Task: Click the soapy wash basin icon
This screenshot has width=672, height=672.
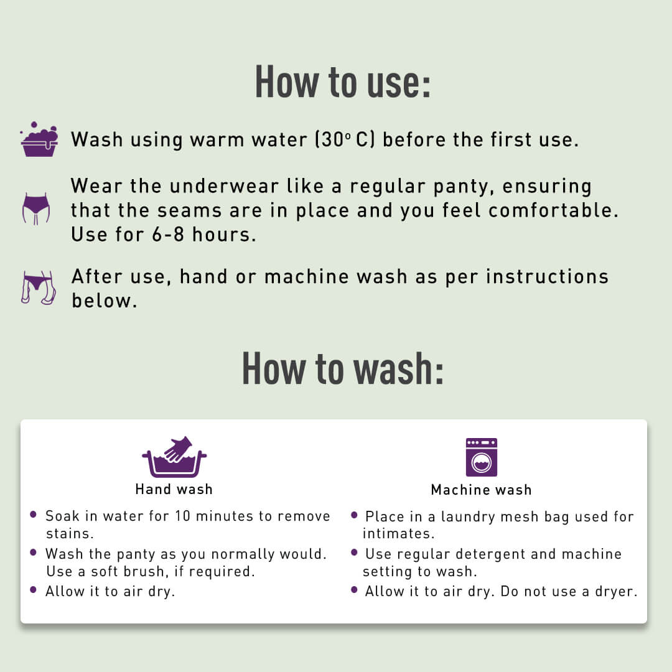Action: (x=39, y=139)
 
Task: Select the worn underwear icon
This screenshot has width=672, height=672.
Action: (x=36, y=208)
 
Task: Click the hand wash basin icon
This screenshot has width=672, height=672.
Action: (x=174, y=458)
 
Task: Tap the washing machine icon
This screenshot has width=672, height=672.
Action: (x=482, y=457)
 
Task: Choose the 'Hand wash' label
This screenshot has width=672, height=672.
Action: (x=174, y=490)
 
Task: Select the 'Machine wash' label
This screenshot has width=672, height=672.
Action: (x=482, y=490)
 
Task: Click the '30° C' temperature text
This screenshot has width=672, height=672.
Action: (x=346, y=139)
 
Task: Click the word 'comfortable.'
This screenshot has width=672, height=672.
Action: (x=554, y=210)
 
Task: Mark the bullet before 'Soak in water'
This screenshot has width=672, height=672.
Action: (x=33, y=515)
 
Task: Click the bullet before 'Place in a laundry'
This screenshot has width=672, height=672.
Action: (x=354, y=515)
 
